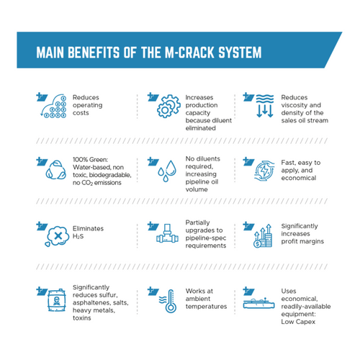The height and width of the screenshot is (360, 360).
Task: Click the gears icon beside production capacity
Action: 168,106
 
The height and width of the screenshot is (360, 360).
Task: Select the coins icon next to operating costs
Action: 53,106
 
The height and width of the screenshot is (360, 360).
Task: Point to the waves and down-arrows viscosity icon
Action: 265,106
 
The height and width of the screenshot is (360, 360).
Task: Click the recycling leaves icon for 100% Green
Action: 56,170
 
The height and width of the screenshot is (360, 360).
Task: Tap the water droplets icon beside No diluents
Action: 167,171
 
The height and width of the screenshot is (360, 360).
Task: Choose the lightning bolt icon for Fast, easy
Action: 264,171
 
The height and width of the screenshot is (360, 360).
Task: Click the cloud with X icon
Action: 57,236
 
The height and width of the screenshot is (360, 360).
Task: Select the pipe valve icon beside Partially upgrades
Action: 167,233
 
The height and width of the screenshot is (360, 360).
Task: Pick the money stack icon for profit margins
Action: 263,236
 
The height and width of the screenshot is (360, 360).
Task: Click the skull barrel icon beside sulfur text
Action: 57,300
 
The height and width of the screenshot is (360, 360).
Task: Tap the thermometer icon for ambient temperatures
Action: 168,301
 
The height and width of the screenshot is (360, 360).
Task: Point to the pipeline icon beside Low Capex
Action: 258,303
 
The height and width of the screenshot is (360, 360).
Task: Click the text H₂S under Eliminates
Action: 78,236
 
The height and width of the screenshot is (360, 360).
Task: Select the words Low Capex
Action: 298,322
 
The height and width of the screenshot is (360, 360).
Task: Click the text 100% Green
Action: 91,160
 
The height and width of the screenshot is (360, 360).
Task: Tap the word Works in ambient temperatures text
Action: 194,291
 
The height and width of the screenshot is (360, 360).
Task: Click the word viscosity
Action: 294,105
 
